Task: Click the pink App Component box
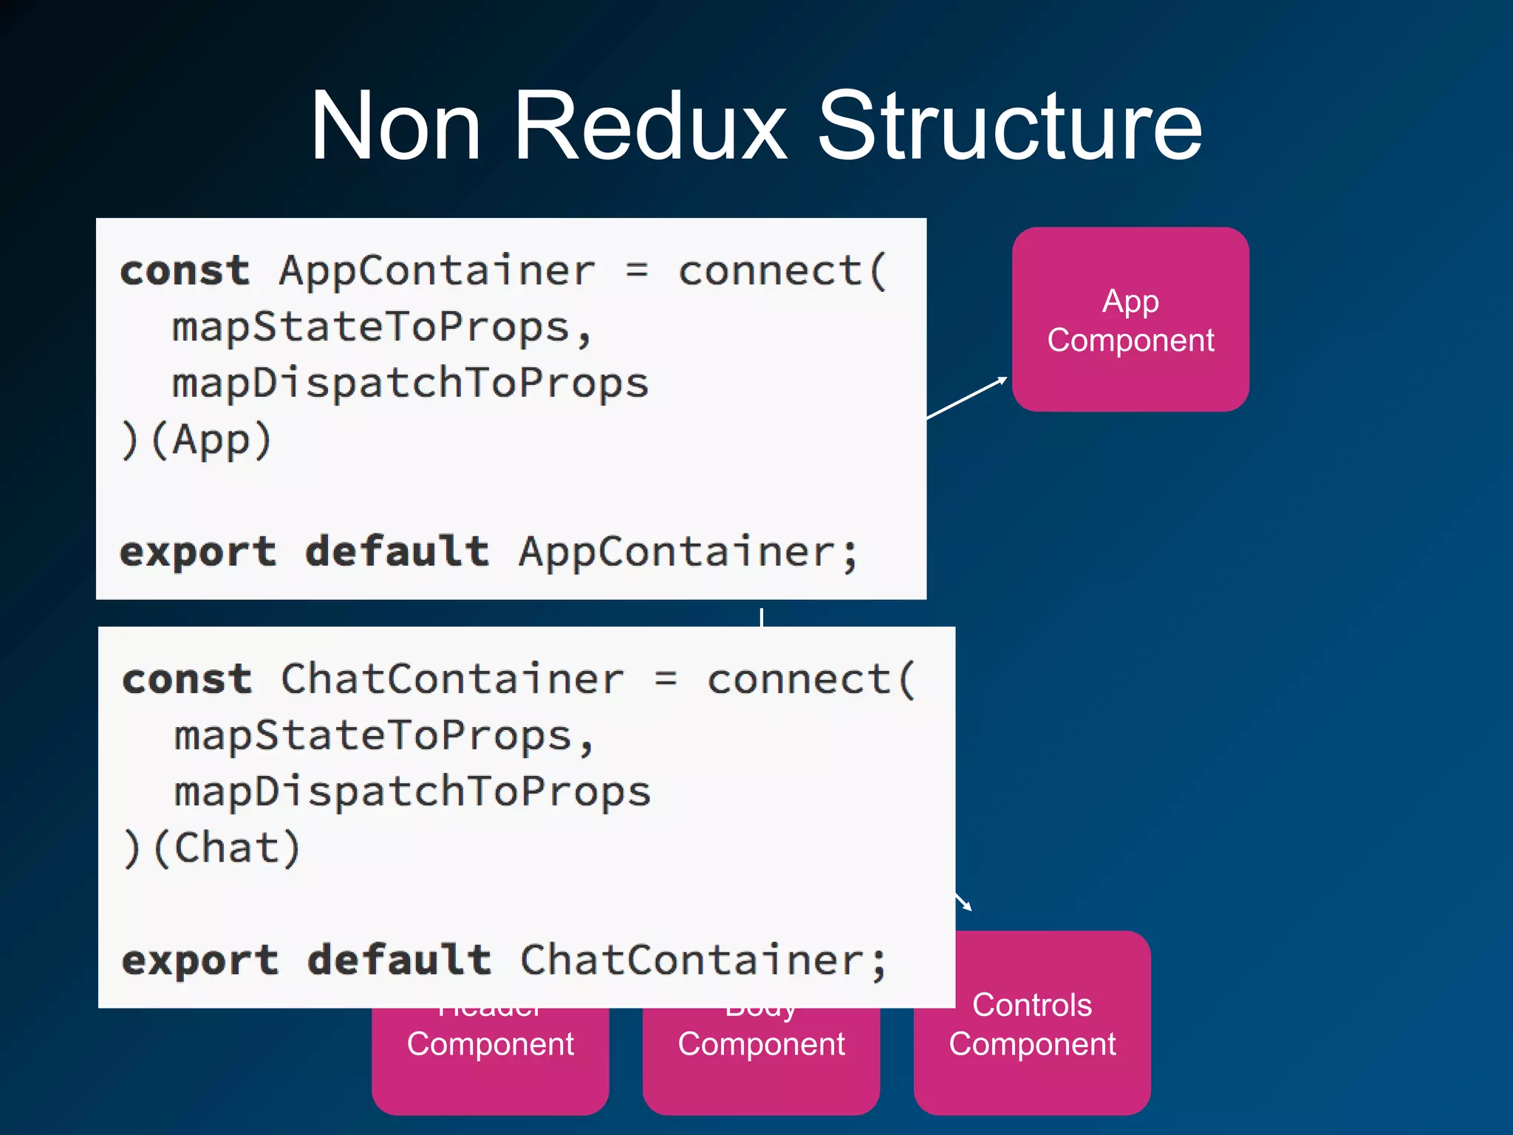pos(1130,319)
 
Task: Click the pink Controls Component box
pos(1032,1024)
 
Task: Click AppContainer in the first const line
pos(437,270)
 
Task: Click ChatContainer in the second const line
pos(452,679)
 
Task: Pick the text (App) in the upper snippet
pos(211,440)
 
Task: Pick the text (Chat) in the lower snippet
pos(226,848)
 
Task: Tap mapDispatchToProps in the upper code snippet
pos(410,384)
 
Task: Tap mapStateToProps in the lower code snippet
pos(373,736)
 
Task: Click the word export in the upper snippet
pos(198,552)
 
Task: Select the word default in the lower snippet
pos(399,960)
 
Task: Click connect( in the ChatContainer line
pos(811,679)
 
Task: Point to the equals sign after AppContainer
pos(637,270)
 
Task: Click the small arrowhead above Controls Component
pos(965,903)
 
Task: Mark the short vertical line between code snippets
pos(761,617)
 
